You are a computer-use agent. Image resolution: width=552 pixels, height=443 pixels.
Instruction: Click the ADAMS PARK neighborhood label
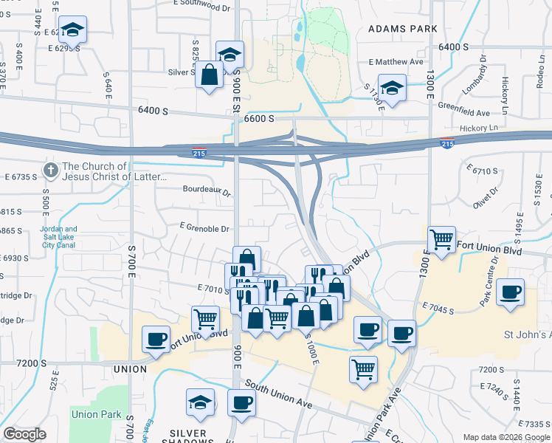(x=403, y=29)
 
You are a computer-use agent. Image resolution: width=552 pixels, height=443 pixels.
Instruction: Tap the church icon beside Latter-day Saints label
(x=50, y=171)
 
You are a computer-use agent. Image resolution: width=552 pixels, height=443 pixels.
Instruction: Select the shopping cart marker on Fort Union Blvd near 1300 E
(x=441, y=240)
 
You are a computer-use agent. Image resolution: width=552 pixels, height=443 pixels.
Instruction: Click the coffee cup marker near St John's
(x=510, y=292)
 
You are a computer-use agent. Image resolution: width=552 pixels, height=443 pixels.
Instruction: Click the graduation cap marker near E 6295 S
(x=72, y=30)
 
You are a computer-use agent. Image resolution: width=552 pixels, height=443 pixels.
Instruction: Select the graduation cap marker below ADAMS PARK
(x=393, y=88)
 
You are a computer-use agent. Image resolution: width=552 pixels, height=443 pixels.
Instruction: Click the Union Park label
(x=97, y=415)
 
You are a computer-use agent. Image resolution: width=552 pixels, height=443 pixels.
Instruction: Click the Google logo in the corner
(x=25, y=434)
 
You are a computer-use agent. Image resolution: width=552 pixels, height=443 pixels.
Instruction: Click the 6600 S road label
(x=259, y=118)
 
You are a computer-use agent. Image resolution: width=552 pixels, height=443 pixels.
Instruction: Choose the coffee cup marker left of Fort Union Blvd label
(x=156, y=339)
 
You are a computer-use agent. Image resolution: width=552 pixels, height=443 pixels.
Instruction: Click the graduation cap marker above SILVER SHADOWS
(x=200, y=402)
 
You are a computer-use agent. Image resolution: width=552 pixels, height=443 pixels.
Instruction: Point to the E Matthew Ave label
(x=397, y=62)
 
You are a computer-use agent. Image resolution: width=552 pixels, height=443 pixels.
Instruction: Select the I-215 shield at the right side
(x=446, y=142)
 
